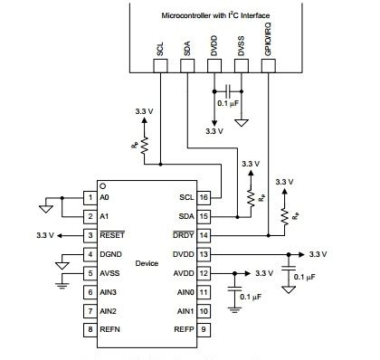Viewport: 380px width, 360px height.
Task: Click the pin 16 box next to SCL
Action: (204, 196)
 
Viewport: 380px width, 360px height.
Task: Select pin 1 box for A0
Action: (90, 196)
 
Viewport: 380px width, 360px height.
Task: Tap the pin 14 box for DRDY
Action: (204, 235)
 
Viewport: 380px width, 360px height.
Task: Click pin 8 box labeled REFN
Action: (90, 330)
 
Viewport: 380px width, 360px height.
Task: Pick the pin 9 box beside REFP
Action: (204, 330)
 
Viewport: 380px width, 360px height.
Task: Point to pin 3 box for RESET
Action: (90, 235)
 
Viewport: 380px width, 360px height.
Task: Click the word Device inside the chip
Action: (147, 263)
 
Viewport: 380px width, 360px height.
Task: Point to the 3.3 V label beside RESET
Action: (47, 235)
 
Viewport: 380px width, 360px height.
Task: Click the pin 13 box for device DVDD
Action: (204, 254)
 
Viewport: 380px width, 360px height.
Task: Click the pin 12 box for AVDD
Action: (204, 273)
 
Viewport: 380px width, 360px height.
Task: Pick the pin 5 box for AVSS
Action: (90, 273)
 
